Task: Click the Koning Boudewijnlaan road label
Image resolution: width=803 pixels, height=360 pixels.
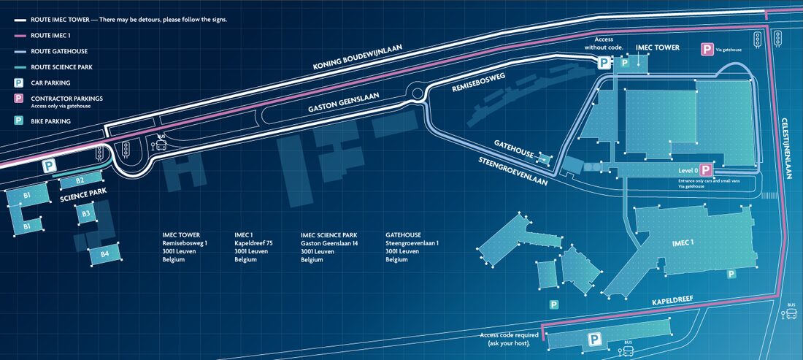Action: (358, 57)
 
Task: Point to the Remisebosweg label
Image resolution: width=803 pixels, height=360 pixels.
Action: (478, 82)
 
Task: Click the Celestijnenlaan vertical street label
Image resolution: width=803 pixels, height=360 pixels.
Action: (786, 148)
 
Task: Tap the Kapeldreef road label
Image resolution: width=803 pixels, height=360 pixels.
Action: (673, 301)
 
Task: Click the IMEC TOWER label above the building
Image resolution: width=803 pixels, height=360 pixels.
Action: (657, 47)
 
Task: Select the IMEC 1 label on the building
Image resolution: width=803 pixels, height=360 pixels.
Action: (683, 242)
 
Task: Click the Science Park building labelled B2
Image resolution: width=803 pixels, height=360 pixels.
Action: (80, 180)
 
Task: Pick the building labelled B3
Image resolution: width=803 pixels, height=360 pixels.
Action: (86, 213)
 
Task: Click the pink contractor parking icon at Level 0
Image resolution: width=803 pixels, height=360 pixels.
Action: (706, 171)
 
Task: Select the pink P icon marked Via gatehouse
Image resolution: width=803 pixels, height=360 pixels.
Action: (707, 50)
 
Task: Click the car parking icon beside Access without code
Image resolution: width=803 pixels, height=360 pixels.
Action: (605, 63)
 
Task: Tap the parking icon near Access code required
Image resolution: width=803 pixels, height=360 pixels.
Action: (594, 340)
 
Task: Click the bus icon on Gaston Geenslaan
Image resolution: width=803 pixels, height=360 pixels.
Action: (161, 143)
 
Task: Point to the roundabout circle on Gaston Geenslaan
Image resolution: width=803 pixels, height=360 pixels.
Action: (418, 93)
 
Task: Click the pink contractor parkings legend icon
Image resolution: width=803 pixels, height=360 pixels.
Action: (18, 99)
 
